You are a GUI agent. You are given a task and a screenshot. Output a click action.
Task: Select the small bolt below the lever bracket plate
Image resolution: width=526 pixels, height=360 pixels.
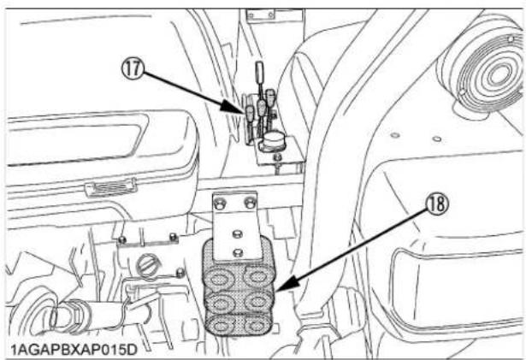pos(279,165)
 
